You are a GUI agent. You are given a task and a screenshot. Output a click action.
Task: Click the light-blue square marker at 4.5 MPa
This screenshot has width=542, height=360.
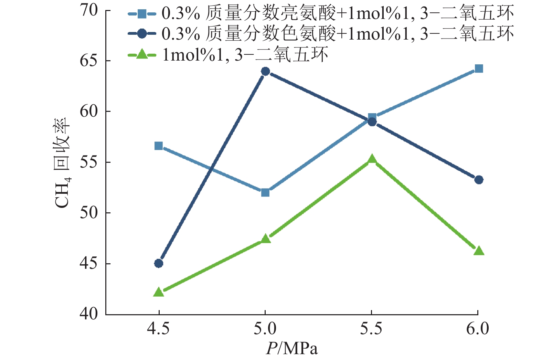point(159,146)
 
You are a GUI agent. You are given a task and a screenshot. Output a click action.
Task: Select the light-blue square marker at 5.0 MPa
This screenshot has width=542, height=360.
point(265,192)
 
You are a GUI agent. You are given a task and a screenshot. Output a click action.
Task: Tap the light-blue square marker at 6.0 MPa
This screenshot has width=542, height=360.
point(479,69)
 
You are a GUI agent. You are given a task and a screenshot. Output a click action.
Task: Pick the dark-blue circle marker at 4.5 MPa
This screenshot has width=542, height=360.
point(159,263)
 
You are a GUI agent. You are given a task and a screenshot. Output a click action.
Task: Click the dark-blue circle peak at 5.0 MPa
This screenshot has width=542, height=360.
point(265,71)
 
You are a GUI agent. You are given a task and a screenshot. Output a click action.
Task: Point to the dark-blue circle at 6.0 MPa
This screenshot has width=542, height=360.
point(479,180)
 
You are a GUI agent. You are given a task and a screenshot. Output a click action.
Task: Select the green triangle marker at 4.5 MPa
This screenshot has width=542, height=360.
point(159,293)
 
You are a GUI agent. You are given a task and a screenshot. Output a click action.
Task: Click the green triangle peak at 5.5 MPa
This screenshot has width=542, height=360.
point(372,159)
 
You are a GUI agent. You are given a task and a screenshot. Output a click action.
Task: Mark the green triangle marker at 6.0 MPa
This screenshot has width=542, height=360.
point(479,251)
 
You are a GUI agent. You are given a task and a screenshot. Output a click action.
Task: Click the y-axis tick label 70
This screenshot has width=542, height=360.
point(89,10)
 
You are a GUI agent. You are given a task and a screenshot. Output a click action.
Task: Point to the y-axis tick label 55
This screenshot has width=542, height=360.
point(89,162)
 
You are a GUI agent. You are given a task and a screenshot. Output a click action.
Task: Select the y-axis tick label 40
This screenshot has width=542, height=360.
point(89,314)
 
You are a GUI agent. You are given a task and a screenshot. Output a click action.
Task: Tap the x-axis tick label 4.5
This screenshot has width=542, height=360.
point(158,329)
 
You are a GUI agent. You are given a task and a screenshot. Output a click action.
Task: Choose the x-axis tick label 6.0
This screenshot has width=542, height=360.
point(478,329)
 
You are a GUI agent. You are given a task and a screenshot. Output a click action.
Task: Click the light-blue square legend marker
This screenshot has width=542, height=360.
point(142,14)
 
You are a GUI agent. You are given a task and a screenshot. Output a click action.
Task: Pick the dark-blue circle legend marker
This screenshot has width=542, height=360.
point(142,33)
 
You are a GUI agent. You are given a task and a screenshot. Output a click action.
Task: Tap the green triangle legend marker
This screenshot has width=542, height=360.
point(142,54)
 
